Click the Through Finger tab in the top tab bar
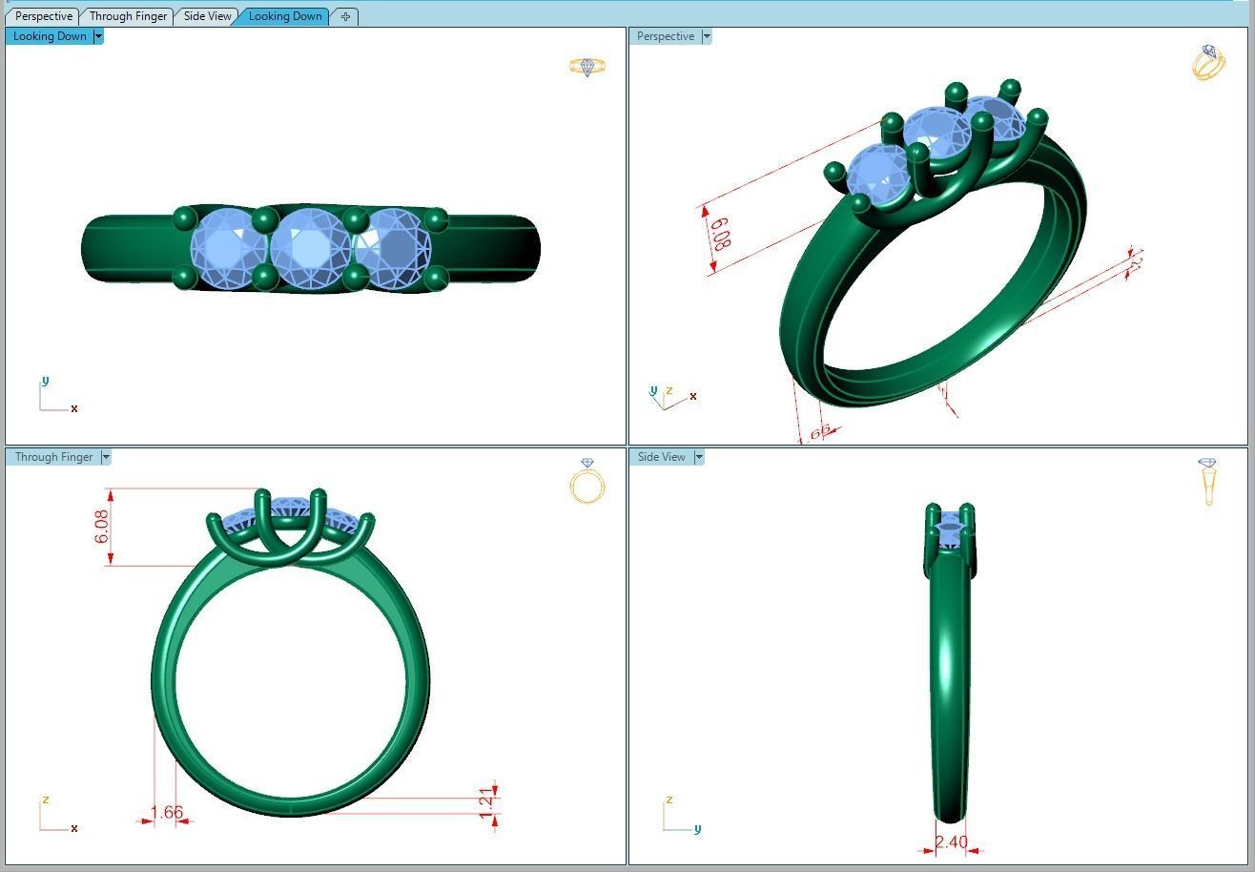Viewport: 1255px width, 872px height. click(128, 16)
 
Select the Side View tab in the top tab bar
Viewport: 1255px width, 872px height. click(207, 16)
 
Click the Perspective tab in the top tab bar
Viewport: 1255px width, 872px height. click(44, 16)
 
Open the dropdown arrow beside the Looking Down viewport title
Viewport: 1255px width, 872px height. click(98, 36)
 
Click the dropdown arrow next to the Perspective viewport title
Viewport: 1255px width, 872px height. click(707, 36)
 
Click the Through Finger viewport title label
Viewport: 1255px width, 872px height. click(53, 457)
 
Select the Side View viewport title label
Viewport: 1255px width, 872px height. click(661, 457)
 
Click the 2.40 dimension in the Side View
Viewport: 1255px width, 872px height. click(951, 842)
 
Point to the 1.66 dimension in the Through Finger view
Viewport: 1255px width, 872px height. click(167, 812)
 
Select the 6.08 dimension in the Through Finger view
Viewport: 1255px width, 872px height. click(102, 527)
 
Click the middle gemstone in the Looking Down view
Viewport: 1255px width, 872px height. click(310, 248)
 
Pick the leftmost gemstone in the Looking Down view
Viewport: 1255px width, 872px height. click(229, 248)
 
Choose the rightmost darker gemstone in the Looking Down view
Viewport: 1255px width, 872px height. click(393, 249)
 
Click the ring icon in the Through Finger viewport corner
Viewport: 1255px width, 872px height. click(586, 482)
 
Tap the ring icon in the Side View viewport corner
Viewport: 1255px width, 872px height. click(1208, 481)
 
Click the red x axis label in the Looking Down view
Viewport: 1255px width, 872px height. click(74, 408)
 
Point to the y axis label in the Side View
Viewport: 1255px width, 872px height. click(697, 829)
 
